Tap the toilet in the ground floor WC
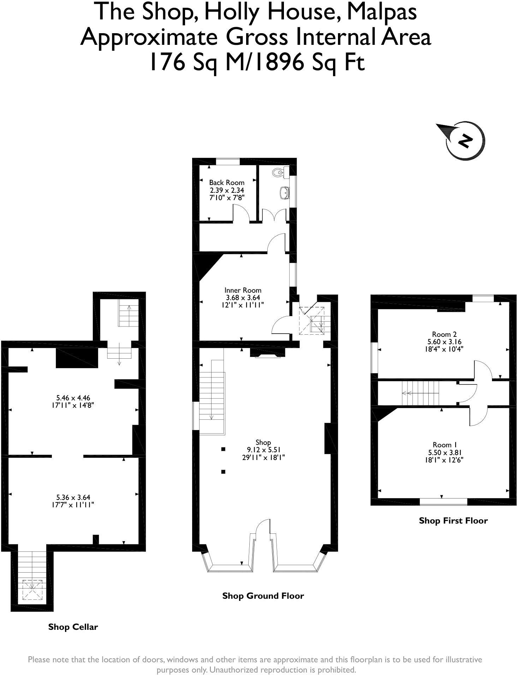click(278, 172)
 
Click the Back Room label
click(227, 183)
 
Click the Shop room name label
click(263, 442)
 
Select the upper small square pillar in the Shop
click(223, 449)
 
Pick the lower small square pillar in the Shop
click(223, 472)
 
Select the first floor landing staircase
click(420, 393)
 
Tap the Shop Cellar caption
click(73, 627)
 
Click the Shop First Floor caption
click(453, 520)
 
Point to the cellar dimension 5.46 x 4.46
click(73, 398)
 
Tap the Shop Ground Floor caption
click(263, 596)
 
